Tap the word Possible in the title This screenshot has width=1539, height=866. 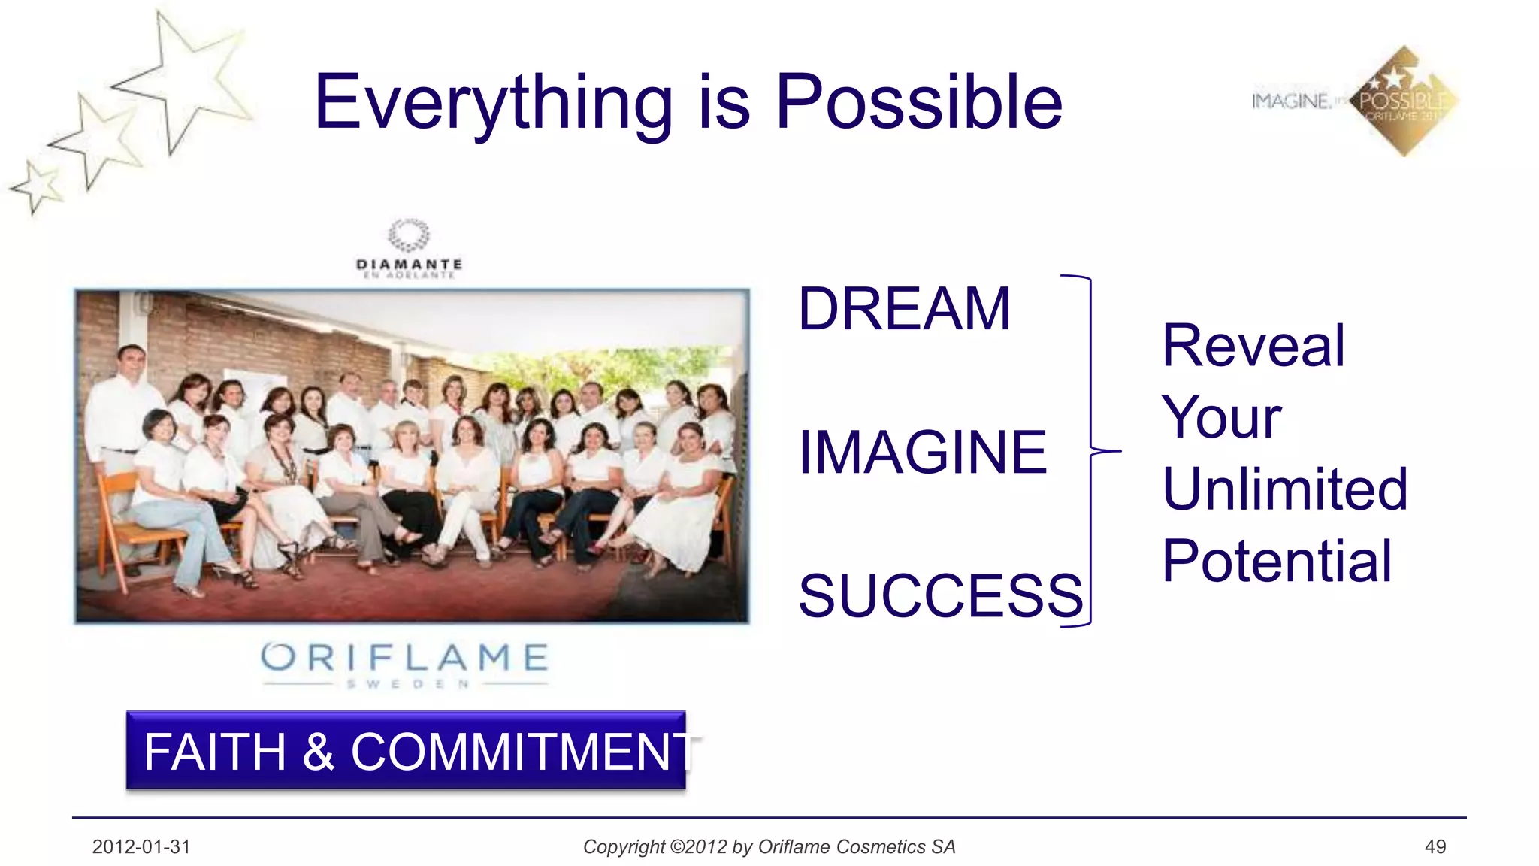coord(918,102)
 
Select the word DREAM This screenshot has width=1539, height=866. coord(904,309)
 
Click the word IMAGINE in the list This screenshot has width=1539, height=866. coord(922,453)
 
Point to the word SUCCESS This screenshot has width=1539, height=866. coord(940,596)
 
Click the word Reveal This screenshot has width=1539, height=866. coord(1253,346)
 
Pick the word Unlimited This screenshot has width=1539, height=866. coord(1284,489)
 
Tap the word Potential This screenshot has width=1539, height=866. coord(1277,562)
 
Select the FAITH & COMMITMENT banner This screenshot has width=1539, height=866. coord(406,750)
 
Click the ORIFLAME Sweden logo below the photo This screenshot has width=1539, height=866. coord(405,663)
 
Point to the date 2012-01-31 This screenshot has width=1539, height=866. coord(141,847)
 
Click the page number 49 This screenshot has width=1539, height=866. coord(1435,847)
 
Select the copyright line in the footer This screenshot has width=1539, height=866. coord(769,847)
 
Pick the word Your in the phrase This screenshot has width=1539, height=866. coord(1221,418)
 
